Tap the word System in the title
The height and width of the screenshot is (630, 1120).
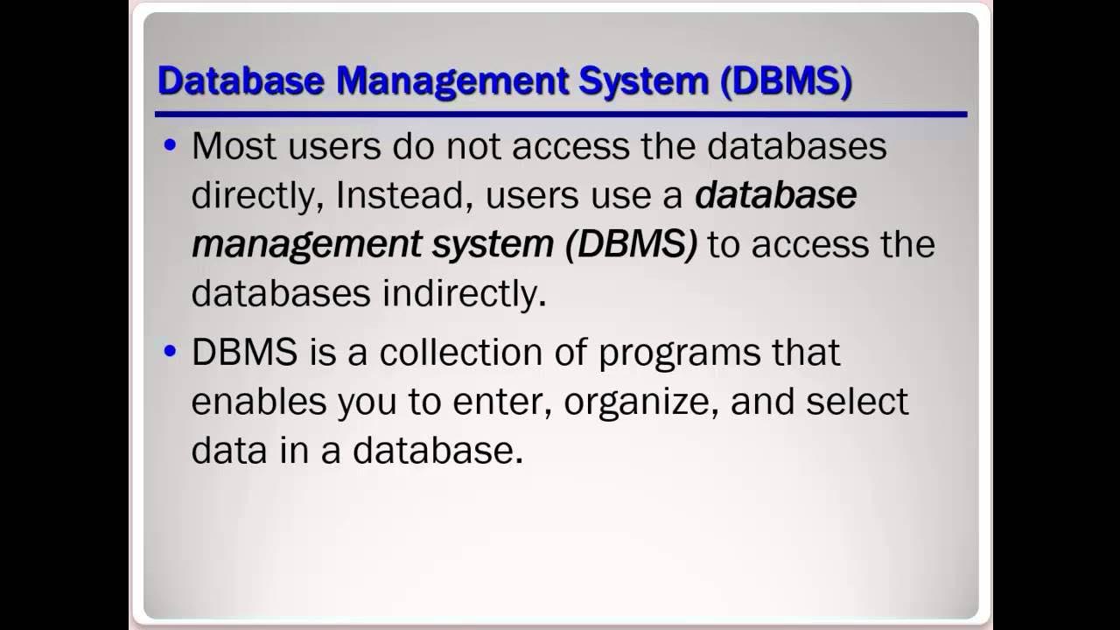(643, 81)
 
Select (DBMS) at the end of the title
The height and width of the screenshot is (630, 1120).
(786, 81)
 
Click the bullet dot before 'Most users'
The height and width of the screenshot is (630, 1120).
(170, 144)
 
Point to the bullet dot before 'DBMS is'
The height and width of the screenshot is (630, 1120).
(170, 352)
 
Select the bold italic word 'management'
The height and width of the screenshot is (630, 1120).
(307, 246)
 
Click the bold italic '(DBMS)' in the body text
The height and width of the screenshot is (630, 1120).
(631, 245)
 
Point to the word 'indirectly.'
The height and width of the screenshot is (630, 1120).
(464, 294)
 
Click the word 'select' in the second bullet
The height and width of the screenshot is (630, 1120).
(857, 402)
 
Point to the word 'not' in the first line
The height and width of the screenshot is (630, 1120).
(473, 146)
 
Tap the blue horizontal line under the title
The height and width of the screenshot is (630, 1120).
(560, 114)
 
